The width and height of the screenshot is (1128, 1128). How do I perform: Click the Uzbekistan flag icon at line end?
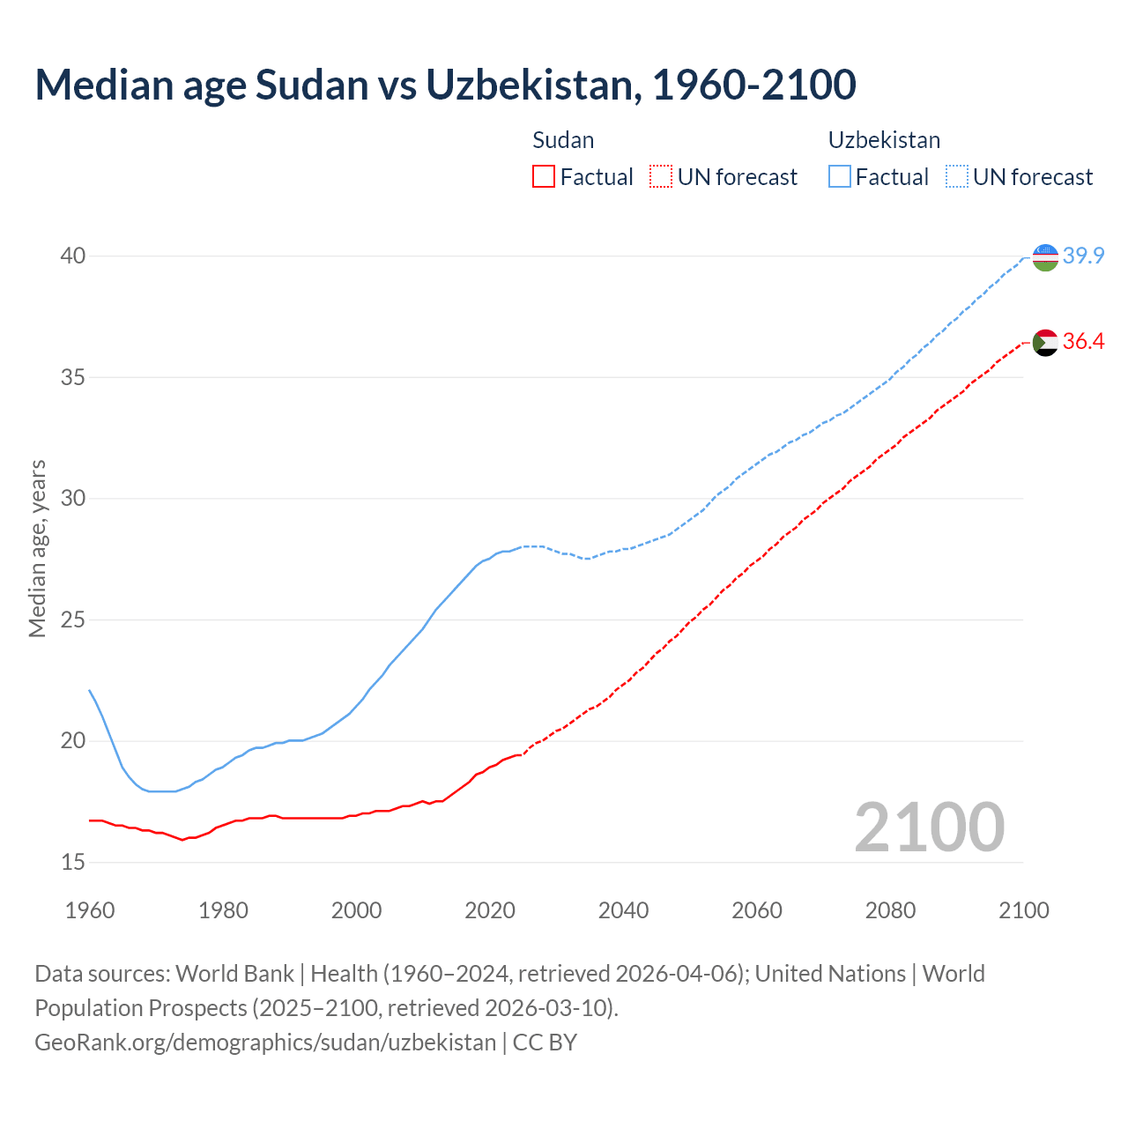(x=1045, y=257)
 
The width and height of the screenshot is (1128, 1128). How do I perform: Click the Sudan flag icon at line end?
(x=1045, y=342)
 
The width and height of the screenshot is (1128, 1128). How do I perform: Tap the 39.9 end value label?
(x=1083, y=256)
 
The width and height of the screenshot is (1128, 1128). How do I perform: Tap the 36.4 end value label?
(x=1083, y=342)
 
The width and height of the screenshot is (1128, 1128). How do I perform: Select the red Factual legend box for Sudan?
(x=544, y=177)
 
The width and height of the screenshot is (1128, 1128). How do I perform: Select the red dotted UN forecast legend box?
(x=661, y=177)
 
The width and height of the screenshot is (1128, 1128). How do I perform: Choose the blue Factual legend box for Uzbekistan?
(x=840, y=177)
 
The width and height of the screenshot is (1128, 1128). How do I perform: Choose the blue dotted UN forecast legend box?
(x=956, y=177)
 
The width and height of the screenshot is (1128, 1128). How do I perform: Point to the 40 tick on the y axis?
(x=73, y=256)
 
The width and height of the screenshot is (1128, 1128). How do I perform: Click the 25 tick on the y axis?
(x=73, y=620)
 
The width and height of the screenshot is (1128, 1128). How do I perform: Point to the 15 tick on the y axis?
(x=73, y=862)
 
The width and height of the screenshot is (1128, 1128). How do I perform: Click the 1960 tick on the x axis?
(x=90, y=910)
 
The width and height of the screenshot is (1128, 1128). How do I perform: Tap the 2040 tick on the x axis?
(x=623, y=910)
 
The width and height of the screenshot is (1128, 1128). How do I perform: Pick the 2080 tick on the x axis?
(x=890, y=910)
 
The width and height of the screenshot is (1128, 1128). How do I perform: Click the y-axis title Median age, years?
(x=37, y=548)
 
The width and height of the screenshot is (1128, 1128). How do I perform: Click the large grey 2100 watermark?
(x=929, y=827)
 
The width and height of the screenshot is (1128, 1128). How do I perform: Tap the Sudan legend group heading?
(x=563, y=140)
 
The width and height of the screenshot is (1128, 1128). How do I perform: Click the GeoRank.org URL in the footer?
(x=265, y=1043)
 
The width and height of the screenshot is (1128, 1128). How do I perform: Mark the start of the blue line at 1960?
(x=90, y=691)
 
